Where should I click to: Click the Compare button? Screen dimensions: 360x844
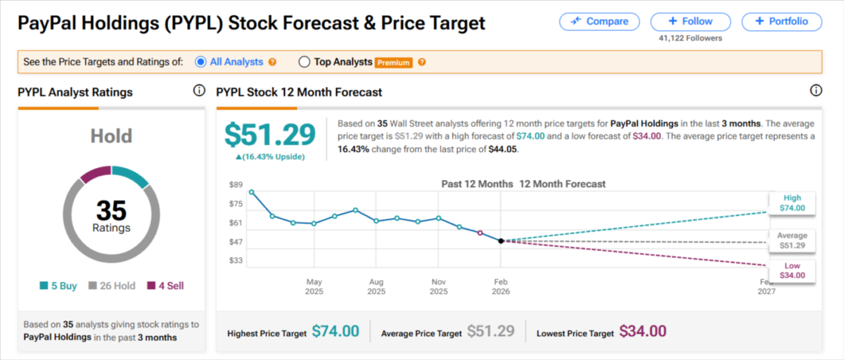[599, 21]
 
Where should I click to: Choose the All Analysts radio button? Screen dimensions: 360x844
[200, 62]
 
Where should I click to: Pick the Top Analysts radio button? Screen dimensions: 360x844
[305, 62]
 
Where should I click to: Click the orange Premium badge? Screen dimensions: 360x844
[393, 63]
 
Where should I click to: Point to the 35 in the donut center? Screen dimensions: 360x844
[111, 210]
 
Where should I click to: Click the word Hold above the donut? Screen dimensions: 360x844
[111, 136]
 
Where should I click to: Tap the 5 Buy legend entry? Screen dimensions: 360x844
[59, 285]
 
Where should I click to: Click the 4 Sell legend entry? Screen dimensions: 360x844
[165, 285]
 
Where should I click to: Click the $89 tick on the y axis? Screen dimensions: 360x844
[236, 185]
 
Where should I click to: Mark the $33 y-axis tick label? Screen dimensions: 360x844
[236, 261]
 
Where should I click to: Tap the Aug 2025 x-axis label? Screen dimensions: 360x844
[376, 286]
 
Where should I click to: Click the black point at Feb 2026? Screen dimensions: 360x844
[501, 240]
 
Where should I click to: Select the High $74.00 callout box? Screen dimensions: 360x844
[792, 203]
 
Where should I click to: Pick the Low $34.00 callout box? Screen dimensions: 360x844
[792, 270]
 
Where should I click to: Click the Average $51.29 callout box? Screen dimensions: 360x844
[792, 240]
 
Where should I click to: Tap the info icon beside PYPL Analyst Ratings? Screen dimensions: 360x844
[198, 91]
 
